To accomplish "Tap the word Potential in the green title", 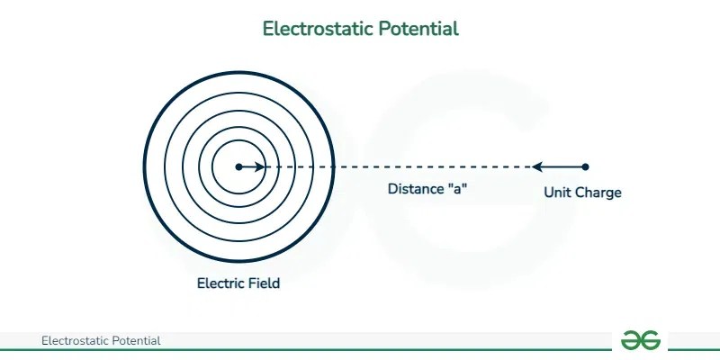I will click(417, 29).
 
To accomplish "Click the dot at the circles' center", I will click(238, 166).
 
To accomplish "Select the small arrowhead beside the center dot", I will click(260, 166).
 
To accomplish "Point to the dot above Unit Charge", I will click(586, 166).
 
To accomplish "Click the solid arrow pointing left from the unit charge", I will click(558, 166).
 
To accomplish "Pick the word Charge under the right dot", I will click(598, 193).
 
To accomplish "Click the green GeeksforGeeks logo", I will click(641, 340).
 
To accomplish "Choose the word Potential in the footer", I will click(139, 341).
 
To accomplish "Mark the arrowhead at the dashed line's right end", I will click(537, 166).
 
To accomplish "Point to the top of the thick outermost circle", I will click(238, 72).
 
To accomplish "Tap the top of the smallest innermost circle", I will click(238, 140).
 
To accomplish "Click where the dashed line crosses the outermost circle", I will click(333, 166).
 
